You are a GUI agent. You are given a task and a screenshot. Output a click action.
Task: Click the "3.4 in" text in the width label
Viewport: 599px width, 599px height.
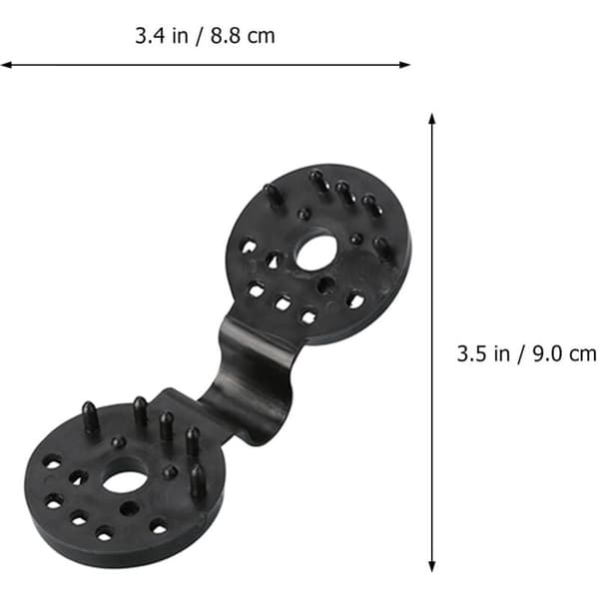(x=162, y=36)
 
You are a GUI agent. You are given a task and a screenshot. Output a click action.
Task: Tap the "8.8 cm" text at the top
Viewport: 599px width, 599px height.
(x=243, y=36)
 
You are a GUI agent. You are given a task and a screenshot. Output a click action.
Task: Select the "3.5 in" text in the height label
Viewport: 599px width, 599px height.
(x=483, y=353)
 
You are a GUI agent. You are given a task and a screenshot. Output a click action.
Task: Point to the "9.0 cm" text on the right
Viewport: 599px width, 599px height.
(x=565, y=353)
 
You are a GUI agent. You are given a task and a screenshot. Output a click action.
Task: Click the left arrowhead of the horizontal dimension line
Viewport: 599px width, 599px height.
(x=5, y=65)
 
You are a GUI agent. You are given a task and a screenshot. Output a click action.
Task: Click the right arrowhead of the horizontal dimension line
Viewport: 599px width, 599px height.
(x=405, y=65)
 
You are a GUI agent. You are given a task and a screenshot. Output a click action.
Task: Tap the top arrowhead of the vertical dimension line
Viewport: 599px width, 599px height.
(x=432, y=119)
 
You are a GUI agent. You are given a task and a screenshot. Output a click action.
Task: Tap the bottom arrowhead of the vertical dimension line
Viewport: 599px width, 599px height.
(x=432, y=566)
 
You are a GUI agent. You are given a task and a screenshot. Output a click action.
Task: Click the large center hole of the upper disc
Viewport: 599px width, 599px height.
(x=316, y=253)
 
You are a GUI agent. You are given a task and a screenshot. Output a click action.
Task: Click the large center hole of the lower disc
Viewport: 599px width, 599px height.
(x=125, y=481)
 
